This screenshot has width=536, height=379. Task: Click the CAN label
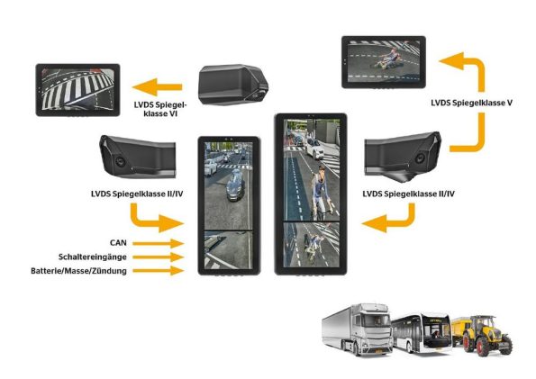tap(118, 243)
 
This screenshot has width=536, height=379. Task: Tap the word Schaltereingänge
tap(92, 257)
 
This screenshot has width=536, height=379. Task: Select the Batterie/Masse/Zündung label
tap(78, 271)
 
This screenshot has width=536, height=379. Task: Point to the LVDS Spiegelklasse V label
tap(472, 103)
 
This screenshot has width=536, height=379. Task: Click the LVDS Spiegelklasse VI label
tap(160, 109)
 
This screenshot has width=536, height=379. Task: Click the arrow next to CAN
tap(159, 243)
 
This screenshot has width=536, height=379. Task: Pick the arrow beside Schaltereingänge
tap(159, 257)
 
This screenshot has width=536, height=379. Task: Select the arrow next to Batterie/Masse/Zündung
tap(159, 271)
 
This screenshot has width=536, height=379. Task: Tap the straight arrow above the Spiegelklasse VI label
tap(158, 86)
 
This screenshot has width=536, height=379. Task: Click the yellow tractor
tap(483, 335)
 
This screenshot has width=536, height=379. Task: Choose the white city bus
tap(422, 332)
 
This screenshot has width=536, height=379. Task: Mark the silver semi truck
tap(357, 329)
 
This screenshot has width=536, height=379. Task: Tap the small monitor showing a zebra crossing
tap(78, 90)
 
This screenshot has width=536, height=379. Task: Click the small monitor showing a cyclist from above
tap(384, 62)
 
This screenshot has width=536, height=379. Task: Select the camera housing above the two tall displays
tap(234, 85)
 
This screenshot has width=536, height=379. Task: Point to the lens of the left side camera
tap(120, 160)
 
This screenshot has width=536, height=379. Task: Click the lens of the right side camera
tap(420, 158)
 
